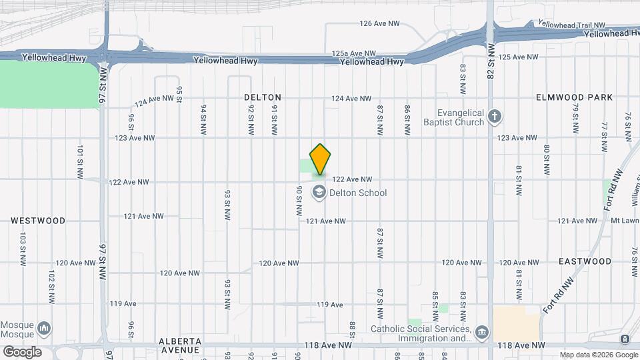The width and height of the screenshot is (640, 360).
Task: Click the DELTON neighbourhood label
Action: pyautogui.click(x=263, y=97)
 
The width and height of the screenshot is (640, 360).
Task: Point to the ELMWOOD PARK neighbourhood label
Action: pyautogui.click(x=574, y=97)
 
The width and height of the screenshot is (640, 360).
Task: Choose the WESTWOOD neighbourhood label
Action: pyautogui.click(x=38, y=220)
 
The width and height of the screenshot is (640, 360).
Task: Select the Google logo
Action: pyautogui.click(x=22, y=351)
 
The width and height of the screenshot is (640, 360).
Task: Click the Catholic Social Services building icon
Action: pyautogui.click(x=482, y=332)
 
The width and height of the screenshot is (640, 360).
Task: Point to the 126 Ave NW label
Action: pyautogui.click(x=379, y=23)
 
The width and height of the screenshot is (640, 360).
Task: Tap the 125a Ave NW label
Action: pyautogui.click(x=351, y=53)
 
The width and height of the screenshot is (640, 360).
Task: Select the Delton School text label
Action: pyautogui.click(x=358, y=193)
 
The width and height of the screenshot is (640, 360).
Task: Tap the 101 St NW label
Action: pyautogui.click(x=80, y=161)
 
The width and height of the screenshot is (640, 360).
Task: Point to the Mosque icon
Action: pyautogui.click(x=44, y=328)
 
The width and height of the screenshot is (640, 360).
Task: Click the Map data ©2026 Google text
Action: pyautogui.click(x=598, y=355)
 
